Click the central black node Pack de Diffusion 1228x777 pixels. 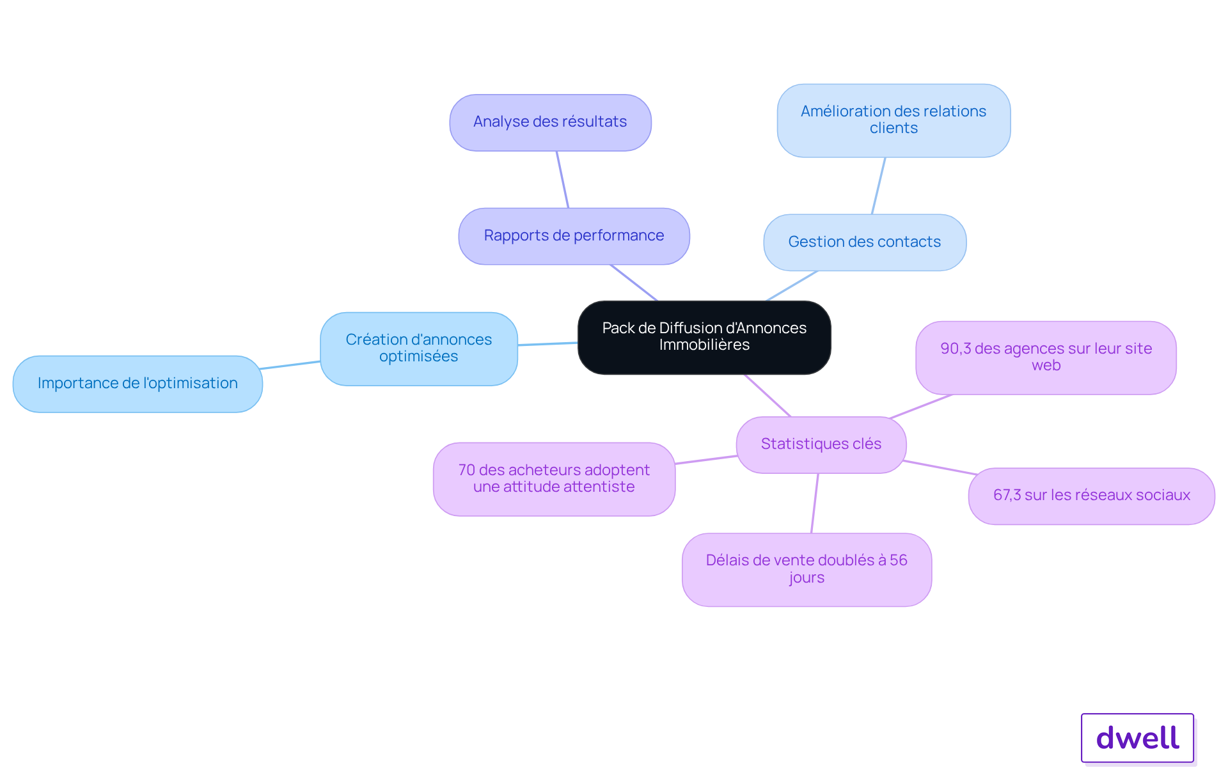pos(704,337)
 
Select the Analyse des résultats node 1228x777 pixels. pos(550,123)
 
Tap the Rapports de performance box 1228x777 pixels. pos(574,236)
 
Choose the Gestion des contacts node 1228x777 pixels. pos(865,242)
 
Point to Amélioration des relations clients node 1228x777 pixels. pos(893,120)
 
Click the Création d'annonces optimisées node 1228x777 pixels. pos(419,349)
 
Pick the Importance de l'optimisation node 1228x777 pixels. pos(138,384)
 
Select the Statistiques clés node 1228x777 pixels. pos(821,444)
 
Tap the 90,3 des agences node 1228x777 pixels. pos(1046,357)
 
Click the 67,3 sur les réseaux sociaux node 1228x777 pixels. pos(1091,496)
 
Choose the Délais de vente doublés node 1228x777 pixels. pos(807,569)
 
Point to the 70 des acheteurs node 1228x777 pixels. pos(554,479)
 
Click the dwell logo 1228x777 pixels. pos(1137,738)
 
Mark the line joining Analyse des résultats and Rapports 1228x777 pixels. pos(562,180)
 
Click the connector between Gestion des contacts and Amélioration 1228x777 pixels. pos(878,186)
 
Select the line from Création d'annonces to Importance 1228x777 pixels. pos(290,365)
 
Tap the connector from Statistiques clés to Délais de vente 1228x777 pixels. pos(815,503)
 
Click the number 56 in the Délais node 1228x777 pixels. pos(899,560)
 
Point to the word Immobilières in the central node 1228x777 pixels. pos(704,345)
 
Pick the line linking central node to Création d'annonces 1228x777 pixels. pos(547,344)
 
